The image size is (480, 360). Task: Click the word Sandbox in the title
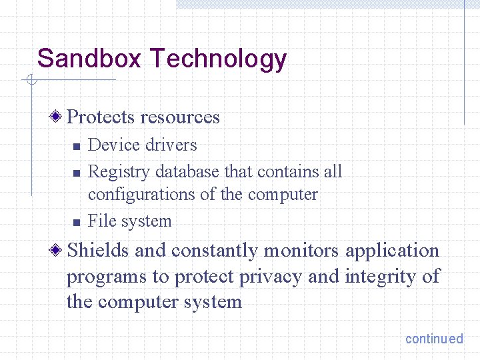tap(89, 59)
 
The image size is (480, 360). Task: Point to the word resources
tap(180, 118)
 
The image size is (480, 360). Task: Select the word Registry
tap(119, 172)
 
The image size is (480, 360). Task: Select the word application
tap(393, 251)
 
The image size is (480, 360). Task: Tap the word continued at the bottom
tap(434, 339)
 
